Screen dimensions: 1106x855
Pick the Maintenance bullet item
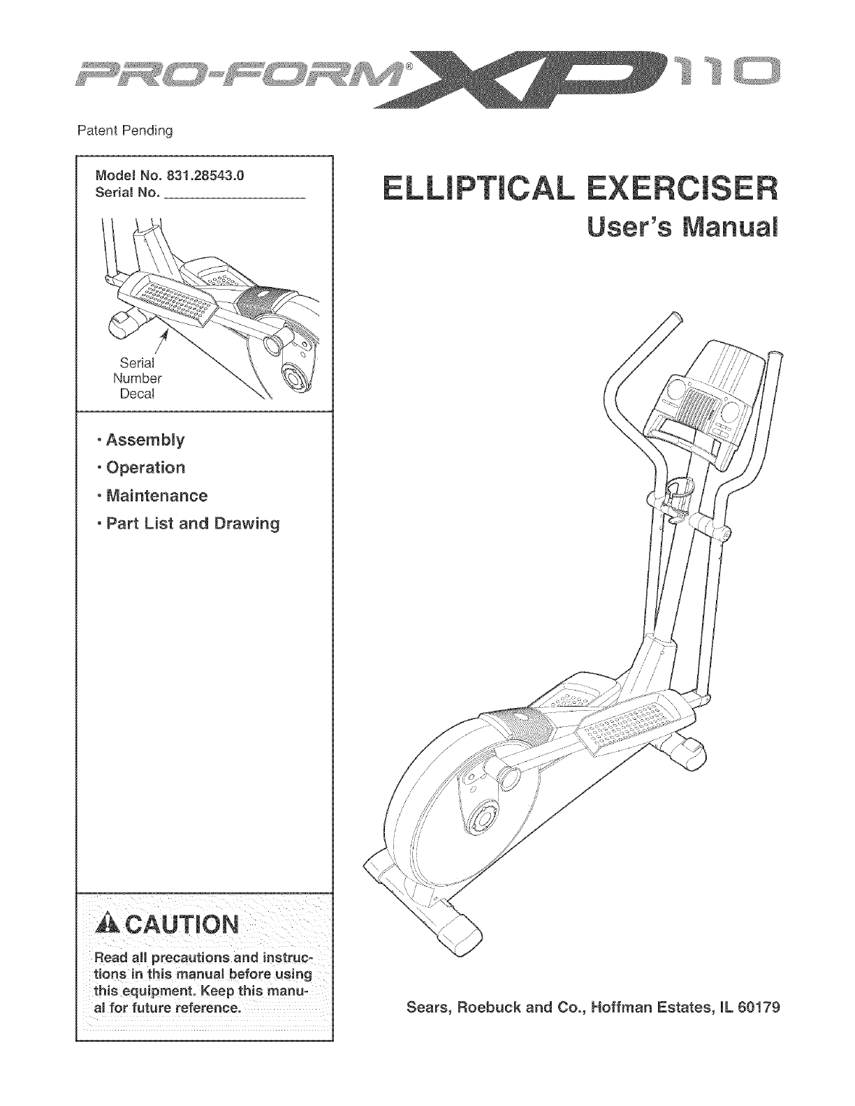pos(154,496)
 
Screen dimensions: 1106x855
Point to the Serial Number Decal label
pos(137,378)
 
